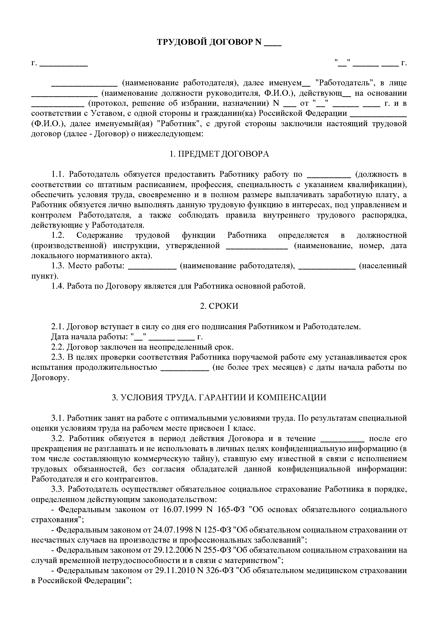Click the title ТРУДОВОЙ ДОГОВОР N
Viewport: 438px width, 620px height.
209,42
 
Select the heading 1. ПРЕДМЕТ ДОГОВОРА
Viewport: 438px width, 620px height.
219,154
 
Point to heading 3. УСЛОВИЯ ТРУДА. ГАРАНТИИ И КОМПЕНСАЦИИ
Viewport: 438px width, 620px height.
219,398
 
